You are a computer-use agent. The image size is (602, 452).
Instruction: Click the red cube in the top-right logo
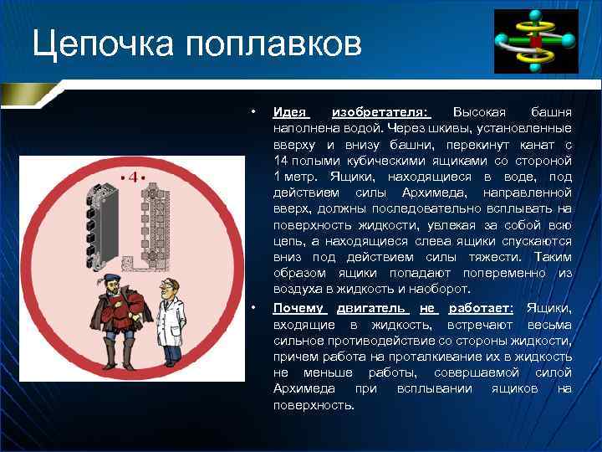point(534,40)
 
